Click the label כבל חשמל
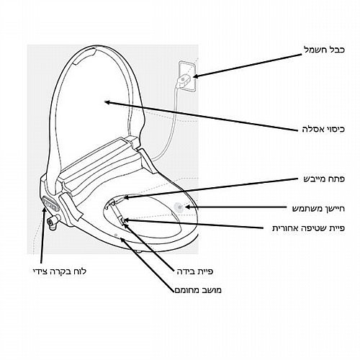(x=324, y=50)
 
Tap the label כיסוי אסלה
(x=323, y=129)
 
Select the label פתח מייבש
(x=324, y=179)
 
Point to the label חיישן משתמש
(x=318, y=208)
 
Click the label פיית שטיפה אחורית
(x=308, y=228)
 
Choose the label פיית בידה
(x=195, y=271)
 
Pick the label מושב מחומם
(x=198, y=290)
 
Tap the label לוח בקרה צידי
(x=60, y=271)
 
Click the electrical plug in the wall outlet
(x=184, y=80)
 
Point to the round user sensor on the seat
(x=179, y=207)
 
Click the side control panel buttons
(x=51, y=203)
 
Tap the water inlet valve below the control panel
(x=54, y=222)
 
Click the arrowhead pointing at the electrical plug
(x=195, y=76)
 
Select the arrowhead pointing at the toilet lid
(x=107, y=102)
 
